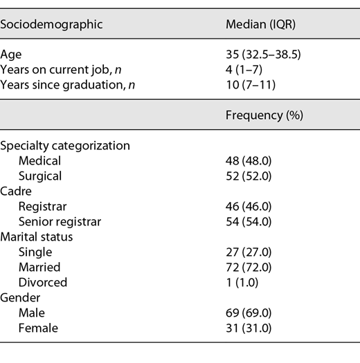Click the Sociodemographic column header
(52, 24)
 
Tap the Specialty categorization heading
(66, 145)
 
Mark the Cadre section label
(16, 191)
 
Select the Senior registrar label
(60, 221)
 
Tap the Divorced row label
(43, 282)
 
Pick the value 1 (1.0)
(244, 282)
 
